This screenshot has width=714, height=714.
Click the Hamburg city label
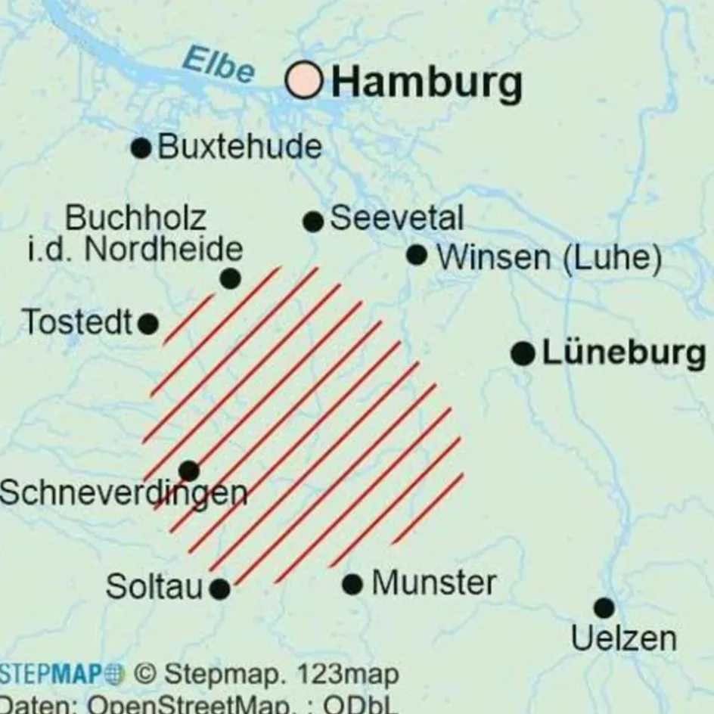point(427,82)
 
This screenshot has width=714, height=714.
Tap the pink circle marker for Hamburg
point(305,80)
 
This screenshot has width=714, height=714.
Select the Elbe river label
point(219,67)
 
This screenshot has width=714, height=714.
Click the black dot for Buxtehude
point(141,147)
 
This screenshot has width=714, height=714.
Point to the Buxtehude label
point(239,147)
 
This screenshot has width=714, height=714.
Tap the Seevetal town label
point(396,219)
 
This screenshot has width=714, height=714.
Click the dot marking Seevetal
point(313,222)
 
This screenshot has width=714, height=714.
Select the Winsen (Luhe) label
point(549,258)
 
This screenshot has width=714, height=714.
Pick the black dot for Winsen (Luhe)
point(417,255)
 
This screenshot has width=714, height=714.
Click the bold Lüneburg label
point(623,353)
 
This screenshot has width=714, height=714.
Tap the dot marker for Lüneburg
point(523,353)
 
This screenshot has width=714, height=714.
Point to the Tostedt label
point(77,322)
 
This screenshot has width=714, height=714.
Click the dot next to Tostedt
point(148,324)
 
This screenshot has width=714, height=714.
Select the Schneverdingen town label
point(123,494)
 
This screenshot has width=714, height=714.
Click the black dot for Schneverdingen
point(188,471)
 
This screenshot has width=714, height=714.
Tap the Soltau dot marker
point(219,588)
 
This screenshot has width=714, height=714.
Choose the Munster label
point(434,583)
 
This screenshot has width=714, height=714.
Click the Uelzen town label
point(623,639)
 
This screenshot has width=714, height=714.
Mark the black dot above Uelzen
point(604,607)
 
